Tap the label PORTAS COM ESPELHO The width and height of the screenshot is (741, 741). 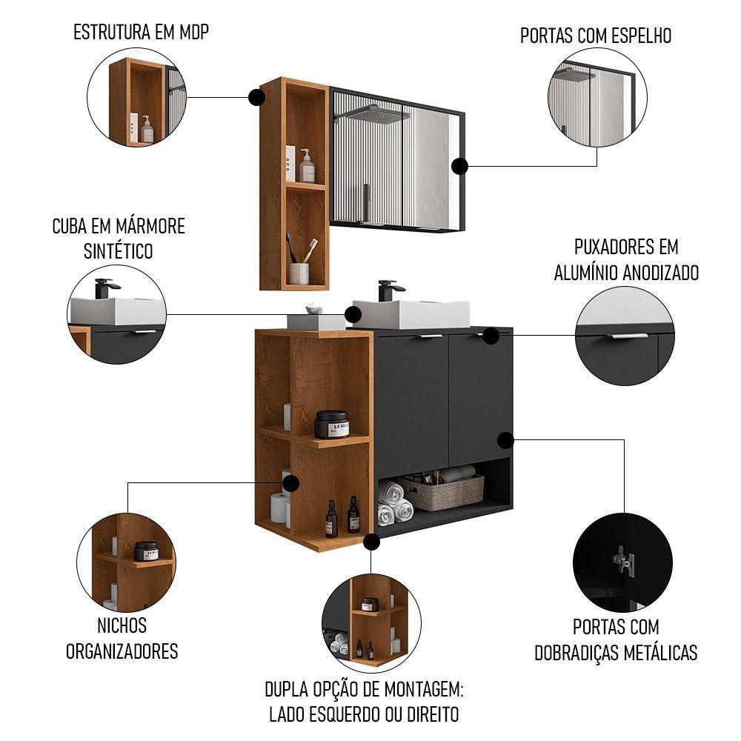pyautogui.click(x=596, y=36)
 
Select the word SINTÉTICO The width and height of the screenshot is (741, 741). pyautogui.click(x=119, y=250)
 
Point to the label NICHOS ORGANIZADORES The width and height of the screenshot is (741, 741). pyautogui.click(x=122, y=639)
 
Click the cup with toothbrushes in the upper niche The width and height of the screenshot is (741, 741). pyautogui.click(x=299, y=270)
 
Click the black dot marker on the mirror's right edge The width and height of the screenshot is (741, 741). pyautogui.click(x=461, y=167)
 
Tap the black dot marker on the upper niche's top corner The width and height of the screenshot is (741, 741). pyautogui.click(x=256, y=96)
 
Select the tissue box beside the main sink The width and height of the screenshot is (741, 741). pyautogui.click(x=316, y=320)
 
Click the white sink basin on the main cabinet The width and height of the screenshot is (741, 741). pyautogui.click(x=411, y=313)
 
